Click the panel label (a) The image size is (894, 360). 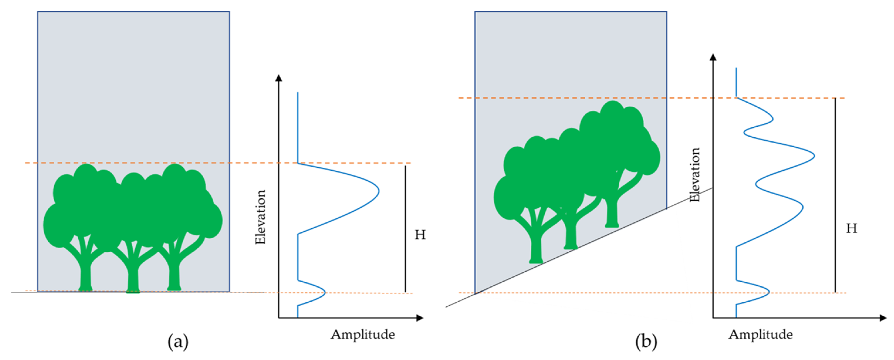click(x=178, y=342)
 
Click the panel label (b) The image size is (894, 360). click(x=646, y=342)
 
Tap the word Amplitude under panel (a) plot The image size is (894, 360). click(x=363, y=334)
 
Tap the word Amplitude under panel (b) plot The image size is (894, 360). click(x=761, y=334)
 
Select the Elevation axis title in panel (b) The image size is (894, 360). click(x=695, y=175)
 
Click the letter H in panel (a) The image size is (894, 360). click(x=420, y=235)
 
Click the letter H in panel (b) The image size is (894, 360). click(x=851, y=228)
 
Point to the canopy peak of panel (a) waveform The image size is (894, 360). click(x=378, y=191)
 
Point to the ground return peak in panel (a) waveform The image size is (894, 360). click(x=325, y=293)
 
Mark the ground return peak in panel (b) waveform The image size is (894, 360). click(x=769, y=292)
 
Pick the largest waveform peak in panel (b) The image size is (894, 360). click(x=814, y=156)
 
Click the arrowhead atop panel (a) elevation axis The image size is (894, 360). click(x=278, y=78)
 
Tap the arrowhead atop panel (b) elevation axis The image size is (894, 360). click(x=713, y=57)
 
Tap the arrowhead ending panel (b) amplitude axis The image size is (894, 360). click(x=882, y=318)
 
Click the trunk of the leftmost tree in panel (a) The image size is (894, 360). click(x=86, y=274)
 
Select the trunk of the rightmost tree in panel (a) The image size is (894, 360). click(x=174, y=274)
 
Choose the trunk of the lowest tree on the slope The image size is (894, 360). click(x=536, y=248)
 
